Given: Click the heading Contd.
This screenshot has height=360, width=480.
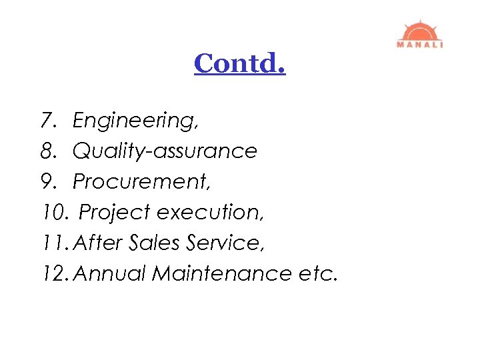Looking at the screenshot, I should point(240,63).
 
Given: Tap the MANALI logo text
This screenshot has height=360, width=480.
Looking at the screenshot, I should point(420,45).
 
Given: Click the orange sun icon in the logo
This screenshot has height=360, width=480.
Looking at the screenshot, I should point(419,31).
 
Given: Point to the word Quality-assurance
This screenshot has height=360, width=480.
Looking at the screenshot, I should point(165,151).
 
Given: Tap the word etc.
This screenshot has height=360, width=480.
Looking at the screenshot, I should point(319,273).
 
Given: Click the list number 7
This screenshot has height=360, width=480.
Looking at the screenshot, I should point(47,121).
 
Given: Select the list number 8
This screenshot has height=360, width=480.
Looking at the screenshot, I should point(47,151).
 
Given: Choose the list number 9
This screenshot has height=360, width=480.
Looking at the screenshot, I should point(47,182).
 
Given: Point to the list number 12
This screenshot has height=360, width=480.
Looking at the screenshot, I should point(54,273).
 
